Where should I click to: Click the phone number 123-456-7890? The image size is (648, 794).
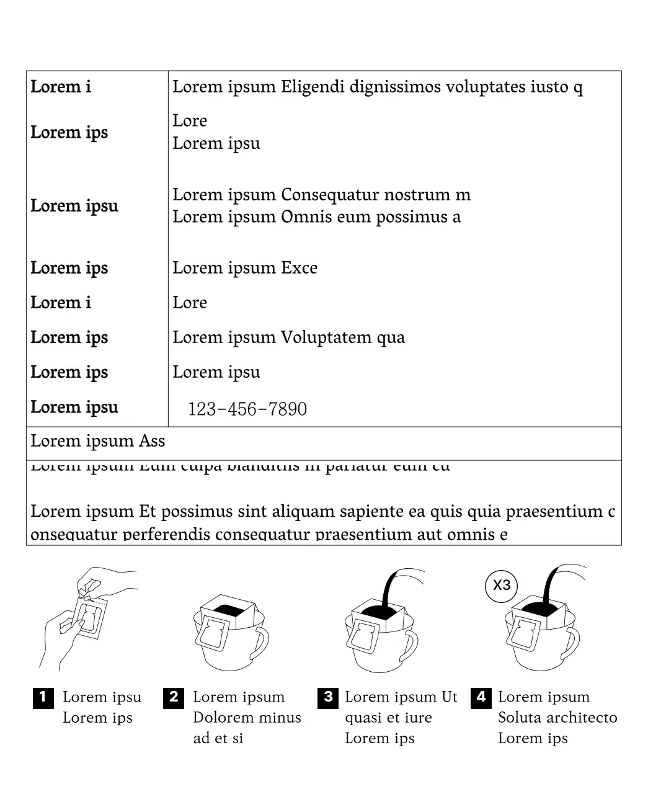point(247,409)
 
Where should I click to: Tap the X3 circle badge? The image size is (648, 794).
point(501,585)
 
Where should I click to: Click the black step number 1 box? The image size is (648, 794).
point(43,697)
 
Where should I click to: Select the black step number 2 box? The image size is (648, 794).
point(174,697)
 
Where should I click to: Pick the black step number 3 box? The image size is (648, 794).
point(327,697)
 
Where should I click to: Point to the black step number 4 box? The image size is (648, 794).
point(481,697)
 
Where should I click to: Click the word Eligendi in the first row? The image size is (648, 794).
point(313,87)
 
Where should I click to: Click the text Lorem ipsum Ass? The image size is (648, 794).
point(98,441)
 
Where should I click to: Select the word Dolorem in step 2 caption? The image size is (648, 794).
point(219,718)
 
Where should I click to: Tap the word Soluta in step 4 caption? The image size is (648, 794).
point(516,718)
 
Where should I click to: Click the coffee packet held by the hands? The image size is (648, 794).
point(89,617)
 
